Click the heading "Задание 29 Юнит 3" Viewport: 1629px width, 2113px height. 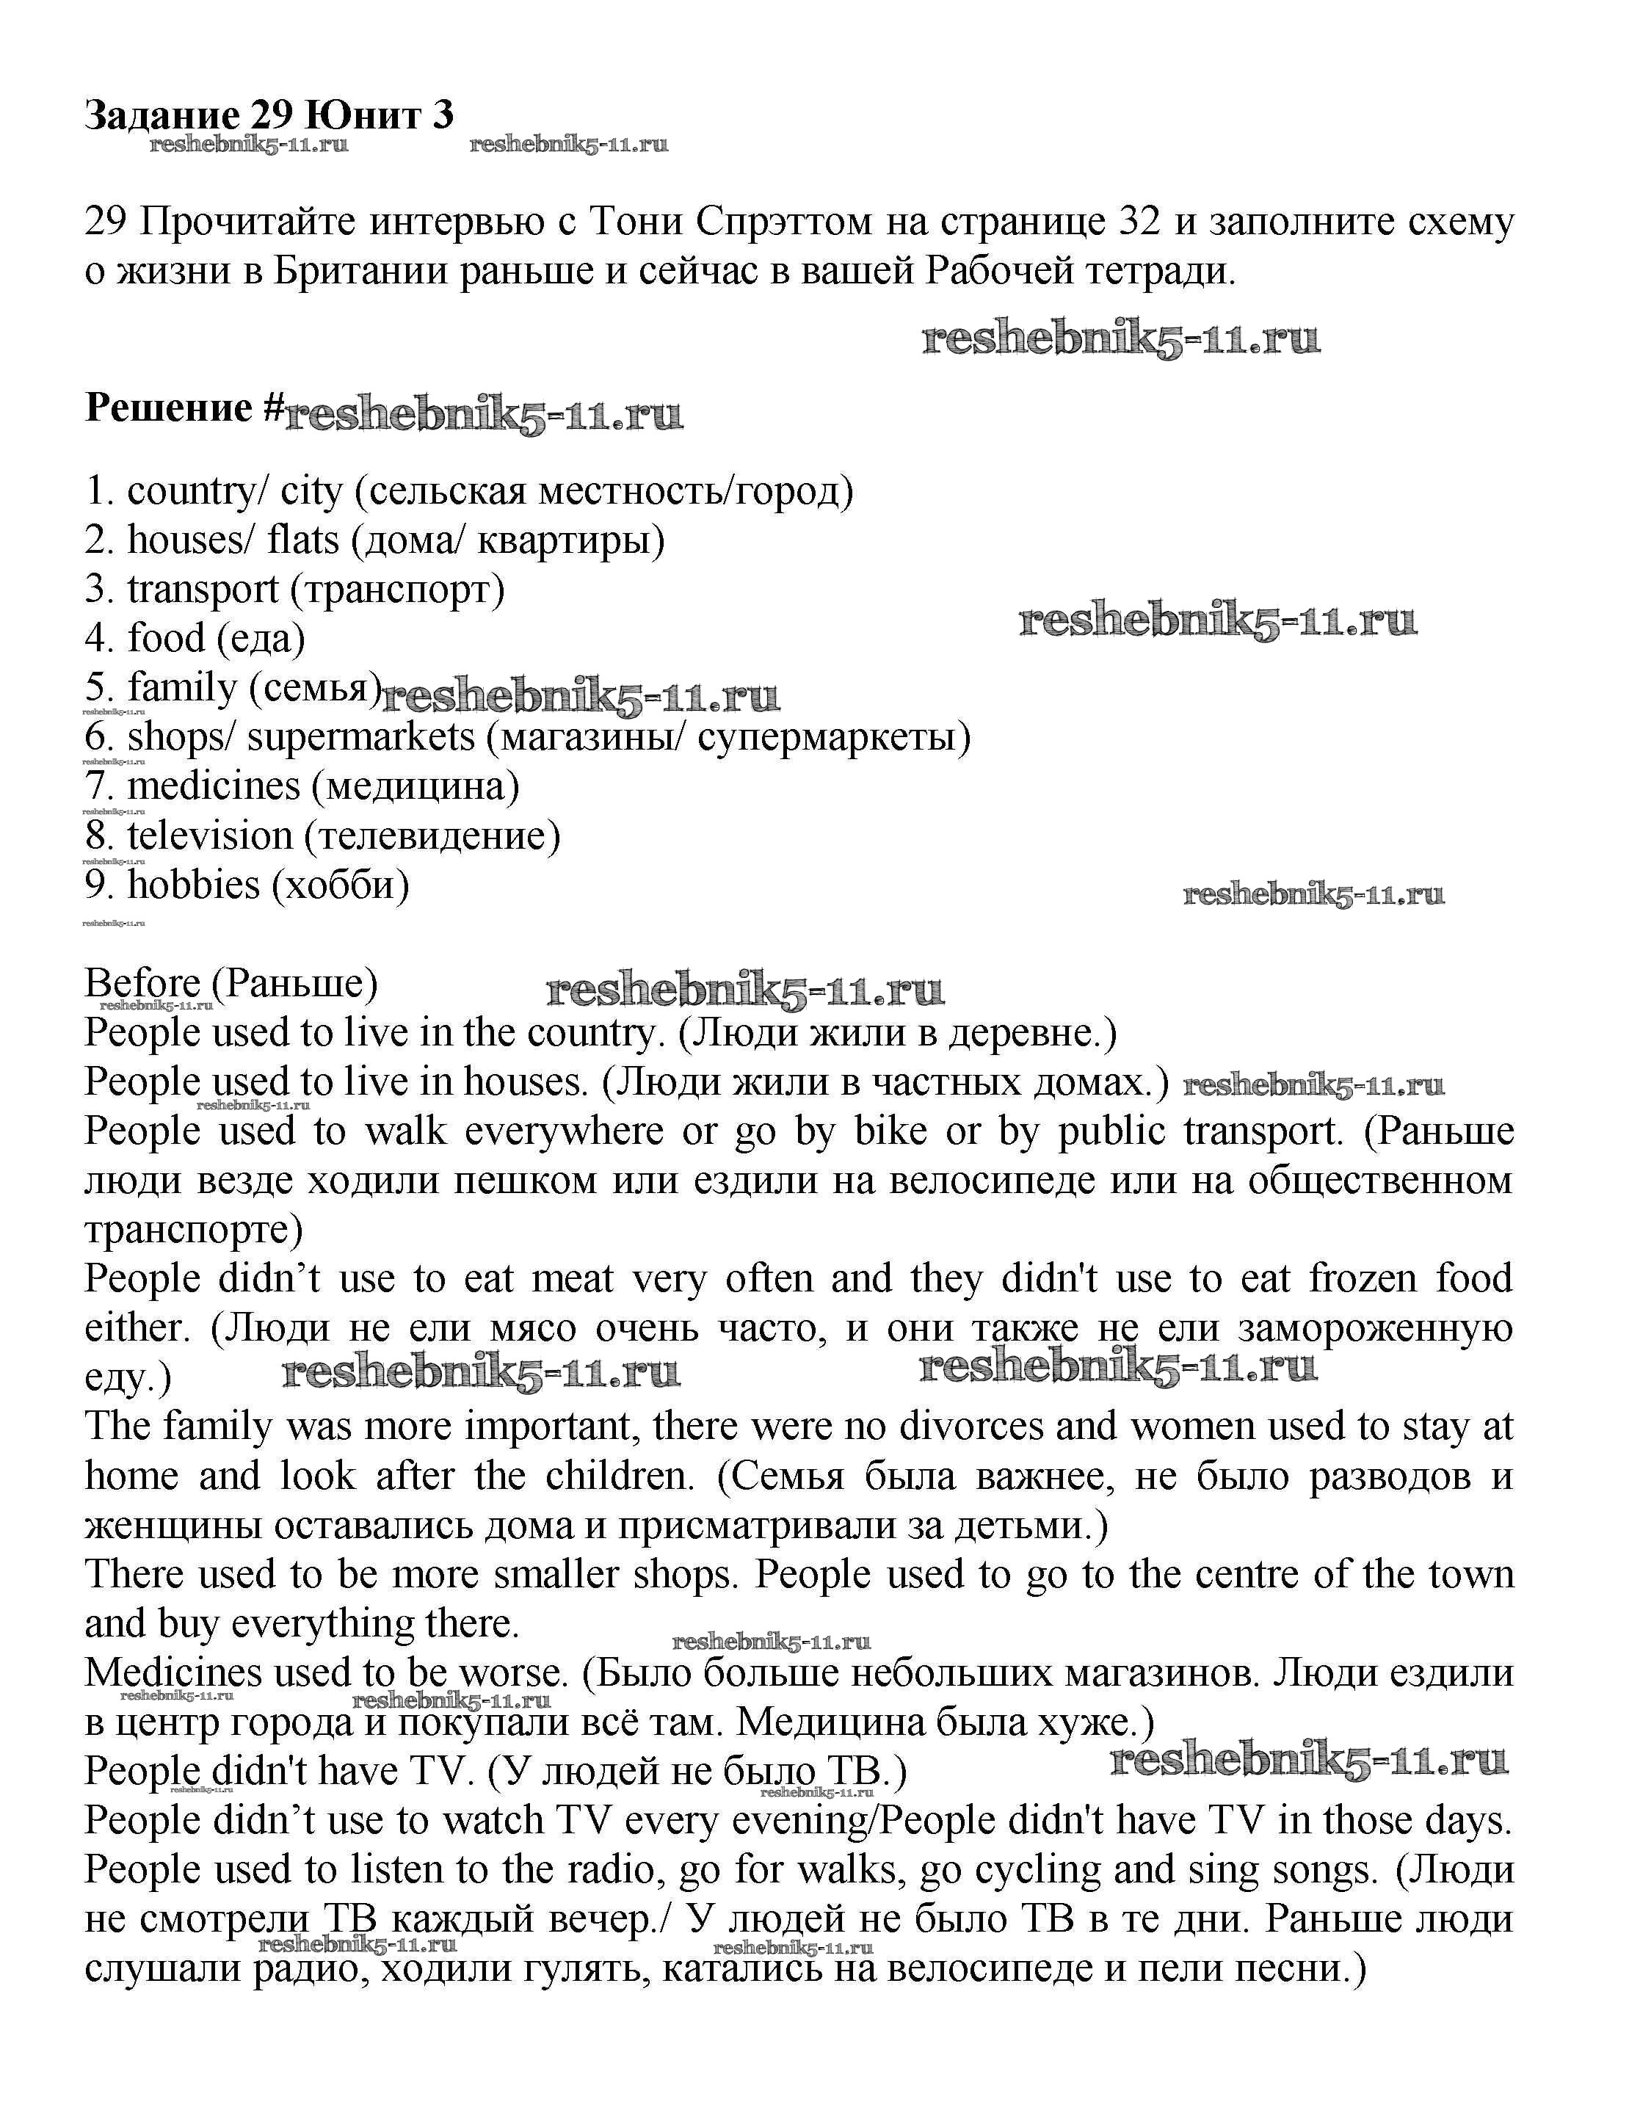(269, 115)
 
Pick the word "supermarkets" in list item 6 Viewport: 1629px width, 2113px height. (361, 737)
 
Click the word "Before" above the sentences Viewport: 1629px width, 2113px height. (142, 984)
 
